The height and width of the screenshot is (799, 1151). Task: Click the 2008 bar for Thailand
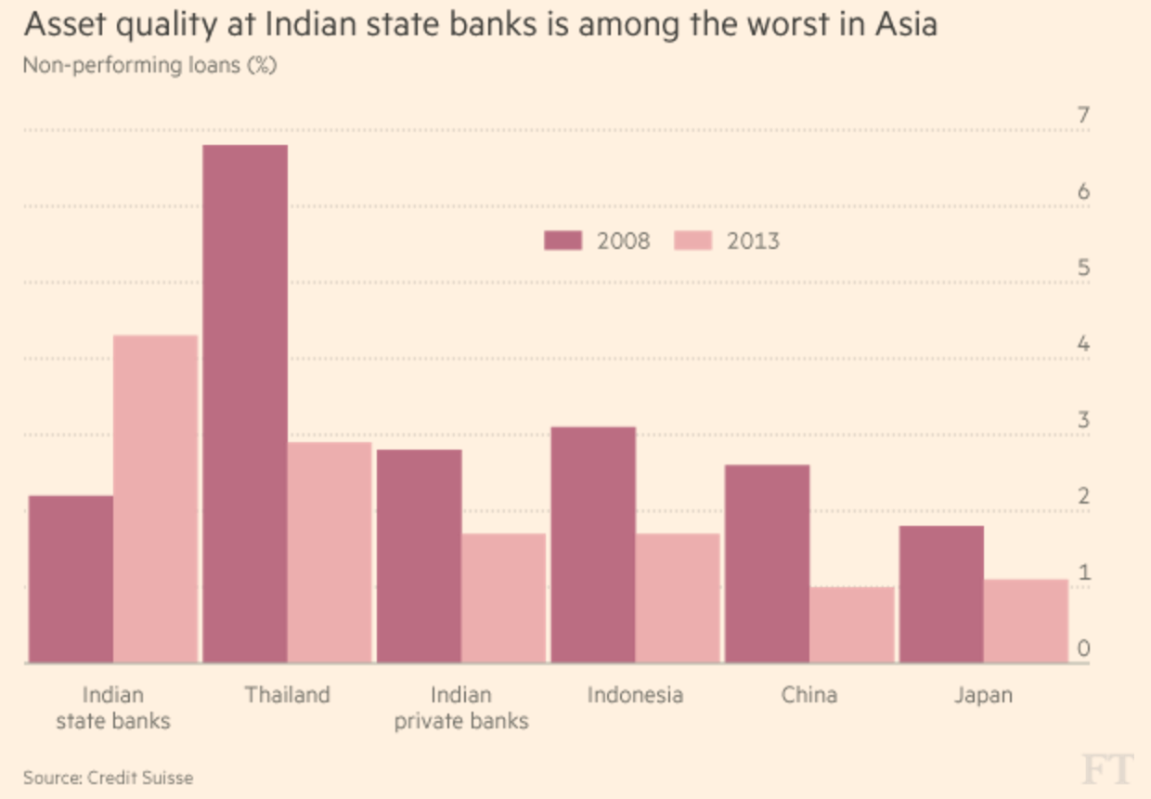pos(245,404)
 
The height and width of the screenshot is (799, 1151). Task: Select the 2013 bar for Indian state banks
pos(156,499)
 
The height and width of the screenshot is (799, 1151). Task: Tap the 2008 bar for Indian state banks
pos(71,579)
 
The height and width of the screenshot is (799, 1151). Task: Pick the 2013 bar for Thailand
pos(330,552)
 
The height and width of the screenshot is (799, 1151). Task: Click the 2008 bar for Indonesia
pos(593,544)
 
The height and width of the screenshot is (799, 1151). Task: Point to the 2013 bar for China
pos(852,624)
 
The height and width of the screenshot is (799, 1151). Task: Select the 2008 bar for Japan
pos(941,594)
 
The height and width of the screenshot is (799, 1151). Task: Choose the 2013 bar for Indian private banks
pos(504,597)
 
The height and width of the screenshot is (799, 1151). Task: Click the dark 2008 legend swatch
pos(563,242)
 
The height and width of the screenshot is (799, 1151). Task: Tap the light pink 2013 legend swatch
pos(692,242)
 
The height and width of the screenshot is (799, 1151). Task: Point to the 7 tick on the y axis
pos(1082,116)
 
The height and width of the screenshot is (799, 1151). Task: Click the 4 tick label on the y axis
pos(1082,345)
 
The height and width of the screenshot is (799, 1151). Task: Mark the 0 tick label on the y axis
pos(1082,649)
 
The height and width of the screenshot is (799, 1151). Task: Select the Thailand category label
pos(288,695)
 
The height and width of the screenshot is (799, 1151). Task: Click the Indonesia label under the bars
pos(635,695)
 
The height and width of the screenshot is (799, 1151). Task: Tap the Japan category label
pos(983,695)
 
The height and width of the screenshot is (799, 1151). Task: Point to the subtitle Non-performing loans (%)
pos(149,66)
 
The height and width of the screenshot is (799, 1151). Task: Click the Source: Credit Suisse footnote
pos(109,777)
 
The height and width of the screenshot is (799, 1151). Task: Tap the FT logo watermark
pos(1107,769)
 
